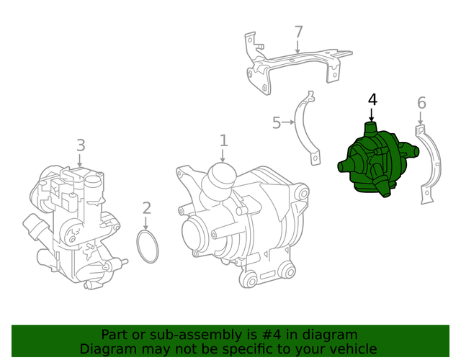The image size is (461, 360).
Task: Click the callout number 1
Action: (223, 140)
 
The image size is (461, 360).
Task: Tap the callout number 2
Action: (147, 208)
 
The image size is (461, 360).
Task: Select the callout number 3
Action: (81, 145)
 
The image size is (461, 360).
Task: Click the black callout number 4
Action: (372, 99)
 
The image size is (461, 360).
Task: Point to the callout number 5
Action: (277, 123)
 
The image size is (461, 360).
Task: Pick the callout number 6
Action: (421, 103)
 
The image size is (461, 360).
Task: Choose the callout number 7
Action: (298, 32)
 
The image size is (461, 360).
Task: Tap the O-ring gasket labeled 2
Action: (148, 246)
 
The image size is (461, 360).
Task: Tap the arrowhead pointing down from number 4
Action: (372, 118)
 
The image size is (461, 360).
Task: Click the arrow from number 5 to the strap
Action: (290, 123)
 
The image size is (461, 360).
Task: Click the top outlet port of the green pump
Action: (372, 130)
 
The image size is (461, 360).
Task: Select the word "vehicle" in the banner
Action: (353, 348)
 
